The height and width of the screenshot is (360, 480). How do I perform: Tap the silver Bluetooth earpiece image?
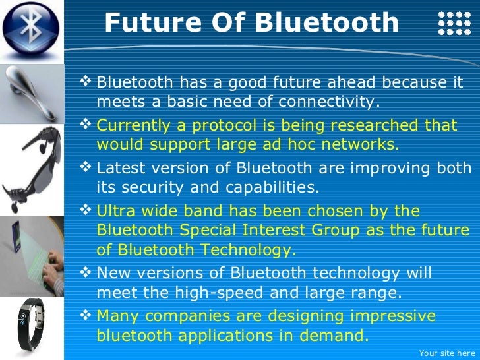tap(32, 92)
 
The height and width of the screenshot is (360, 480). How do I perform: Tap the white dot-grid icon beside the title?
tap(454, 23)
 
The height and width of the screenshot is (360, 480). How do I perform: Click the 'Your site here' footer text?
tap(446, 353)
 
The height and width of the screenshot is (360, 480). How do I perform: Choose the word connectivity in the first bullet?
tap(327, 102)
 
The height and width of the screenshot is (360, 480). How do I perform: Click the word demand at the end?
tap(334, 335)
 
